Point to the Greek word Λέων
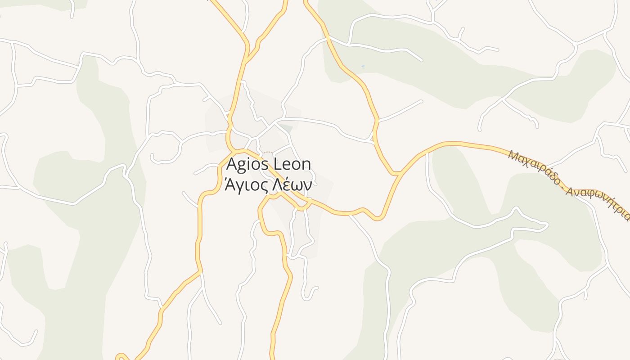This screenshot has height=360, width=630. (x=293, y=184)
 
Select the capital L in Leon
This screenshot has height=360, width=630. (x=278, y=164)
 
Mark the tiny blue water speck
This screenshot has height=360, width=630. (x=363, y=67)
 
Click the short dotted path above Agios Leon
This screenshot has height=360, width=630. (x=267, y=153)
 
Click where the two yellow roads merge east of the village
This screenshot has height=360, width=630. (x=396, y=173)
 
